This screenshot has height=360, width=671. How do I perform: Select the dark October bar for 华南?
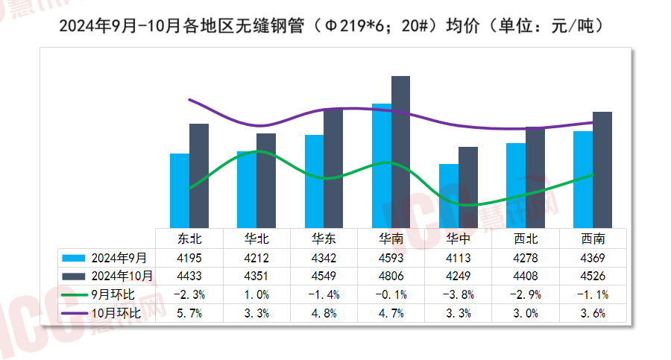(x=400, y=152)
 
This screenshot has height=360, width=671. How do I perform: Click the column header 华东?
(x=324, y=239)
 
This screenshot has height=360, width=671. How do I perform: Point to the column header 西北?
(x=526, y=239)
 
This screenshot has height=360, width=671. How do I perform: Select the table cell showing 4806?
(x=391, y=276)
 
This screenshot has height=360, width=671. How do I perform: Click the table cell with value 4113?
(x=458, y=258)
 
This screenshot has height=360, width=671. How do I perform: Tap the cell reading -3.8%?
(x=458, y=294)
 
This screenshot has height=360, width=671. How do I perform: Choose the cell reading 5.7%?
(x=189, y=313)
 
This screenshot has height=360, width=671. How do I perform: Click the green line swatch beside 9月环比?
(x=75, y=294)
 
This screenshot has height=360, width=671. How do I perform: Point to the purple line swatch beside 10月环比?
(x=75, y=313)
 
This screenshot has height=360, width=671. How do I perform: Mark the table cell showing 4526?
(x=593, y=276)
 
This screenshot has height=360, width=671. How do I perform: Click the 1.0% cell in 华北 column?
(x=256, y=294)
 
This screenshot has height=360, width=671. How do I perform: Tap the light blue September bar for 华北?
(x=247, y=189)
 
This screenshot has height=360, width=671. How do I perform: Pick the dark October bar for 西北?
(x=535, y=177)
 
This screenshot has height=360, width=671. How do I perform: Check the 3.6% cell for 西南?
(x=593, y=313)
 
